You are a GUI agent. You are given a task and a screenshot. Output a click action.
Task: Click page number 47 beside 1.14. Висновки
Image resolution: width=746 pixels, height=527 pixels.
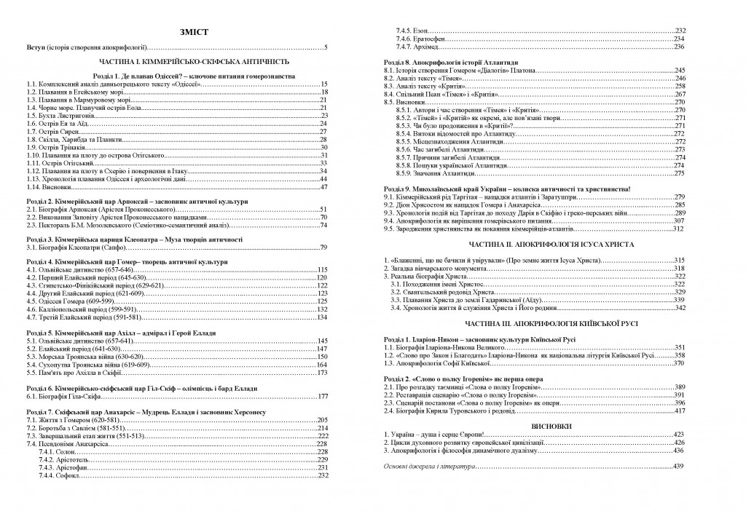324,186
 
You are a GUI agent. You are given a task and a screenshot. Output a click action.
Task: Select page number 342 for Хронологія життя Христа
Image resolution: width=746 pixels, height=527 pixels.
679,307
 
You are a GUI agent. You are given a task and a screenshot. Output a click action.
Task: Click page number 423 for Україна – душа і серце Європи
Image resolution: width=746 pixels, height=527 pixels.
679,435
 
